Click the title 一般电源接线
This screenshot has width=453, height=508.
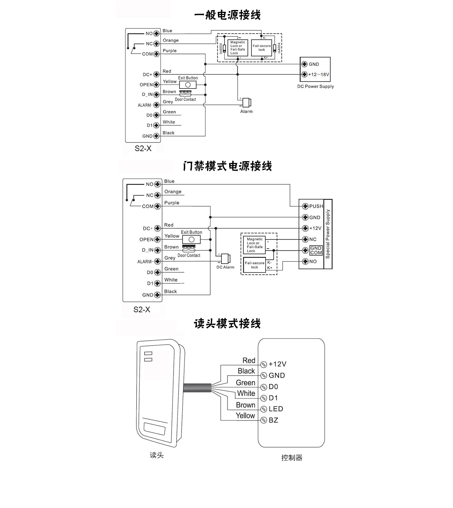click(227, 15)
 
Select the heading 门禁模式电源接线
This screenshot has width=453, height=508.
click(227, 166)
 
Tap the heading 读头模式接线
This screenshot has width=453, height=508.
click(227, 323)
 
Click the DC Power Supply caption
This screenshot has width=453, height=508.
click(315, 87)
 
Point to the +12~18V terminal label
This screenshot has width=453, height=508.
click(319, 75)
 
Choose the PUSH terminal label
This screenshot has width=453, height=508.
click(316, 206)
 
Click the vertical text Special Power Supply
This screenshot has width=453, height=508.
click(328, 234)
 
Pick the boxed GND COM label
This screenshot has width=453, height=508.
click(316, 250)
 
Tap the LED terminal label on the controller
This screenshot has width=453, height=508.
click(276, 409)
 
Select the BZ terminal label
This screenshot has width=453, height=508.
click(273, 420)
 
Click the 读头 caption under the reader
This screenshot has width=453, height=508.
click(157, 455)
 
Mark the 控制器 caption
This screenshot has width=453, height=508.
click(292, 458)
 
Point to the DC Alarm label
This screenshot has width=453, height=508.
click(226, 267)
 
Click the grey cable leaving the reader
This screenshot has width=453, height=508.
click(197, 388)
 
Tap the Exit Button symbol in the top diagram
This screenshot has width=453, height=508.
click(188, 85)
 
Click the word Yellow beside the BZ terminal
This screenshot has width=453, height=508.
click(245, 415)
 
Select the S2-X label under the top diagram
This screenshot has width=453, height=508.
click(143, 148)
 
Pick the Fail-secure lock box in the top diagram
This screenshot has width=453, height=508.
click(261, 48)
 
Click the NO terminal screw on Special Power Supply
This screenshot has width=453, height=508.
click(305, 261)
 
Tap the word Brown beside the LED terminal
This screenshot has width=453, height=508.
click(245, 405)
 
